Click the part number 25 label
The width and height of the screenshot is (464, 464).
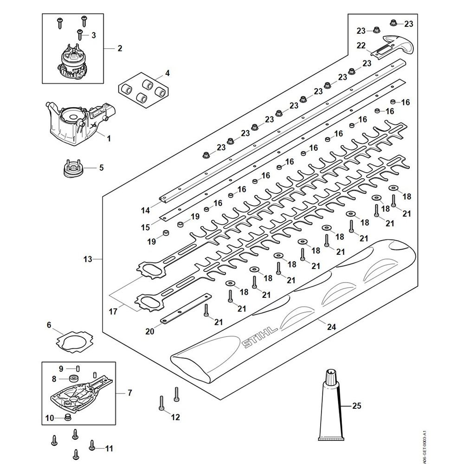(x=356, y=406)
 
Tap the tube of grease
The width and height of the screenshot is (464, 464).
(x=330, y=408)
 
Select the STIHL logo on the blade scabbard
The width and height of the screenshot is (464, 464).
(x=259, y=337)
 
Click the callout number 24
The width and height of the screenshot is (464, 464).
(x=331, y=327)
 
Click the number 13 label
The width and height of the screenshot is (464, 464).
(x=88, y=259)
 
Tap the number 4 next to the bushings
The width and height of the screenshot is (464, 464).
(x=168, y=73)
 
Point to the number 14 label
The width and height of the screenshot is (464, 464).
(x=146, y=210)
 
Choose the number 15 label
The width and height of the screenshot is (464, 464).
(x=146, y=227)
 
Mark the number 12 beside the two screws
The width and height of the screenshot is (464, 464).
(x=175, y=417)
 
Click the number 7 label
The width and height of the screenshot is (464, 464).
(x=129, y=393)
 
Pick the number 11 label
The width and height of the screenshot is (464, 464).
(x=109, y=449)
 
